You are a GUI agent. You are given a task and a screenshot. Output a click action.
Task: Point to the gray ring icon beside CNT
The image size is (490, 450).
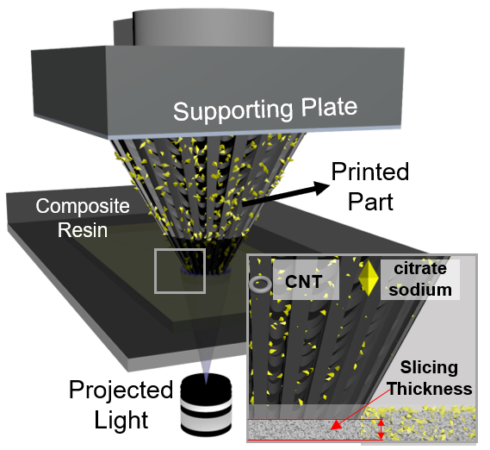(260, 284)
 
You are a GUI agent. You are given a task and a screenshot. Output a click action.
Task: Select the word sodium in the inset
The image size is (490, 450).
(420, 290)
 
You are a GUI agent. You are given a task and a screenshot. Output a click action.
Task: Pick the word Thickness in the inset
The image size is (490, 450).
(429, 389)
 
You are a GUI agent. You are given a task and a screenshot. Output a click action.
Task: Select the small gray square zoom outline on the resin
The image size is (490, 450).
(180, 270)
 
